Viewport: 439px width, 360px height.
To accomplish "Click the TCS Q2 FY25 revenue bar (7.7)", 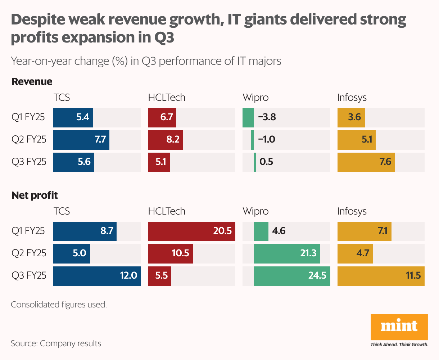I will pyautogui.click(x=81, y=140).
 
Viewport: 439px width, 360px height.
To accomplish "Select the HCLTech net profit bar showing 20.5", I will pyautogui.click(x=192, y=231).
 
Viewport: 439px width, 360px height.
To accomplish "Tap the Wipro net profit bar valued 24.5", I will pyautogui.click(x=292, y=276).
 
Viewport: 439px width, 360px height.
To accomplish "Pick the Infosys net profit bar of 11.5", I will pyautogui.click(x=381, y=276).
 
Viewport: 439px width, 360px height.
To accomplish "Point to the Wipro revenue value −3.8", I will pyautogui.click(x=267, y=117).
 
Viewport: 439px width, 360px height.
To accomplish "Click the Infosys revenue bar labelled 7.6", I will pyautogui.click(x=366, y=162).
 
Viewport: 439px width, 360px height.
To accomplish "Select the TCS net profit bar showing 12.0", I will pyautogui.click(x=97, y=276).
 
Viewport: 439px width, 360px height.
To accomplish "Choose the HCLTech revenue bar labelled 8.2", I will pyautogui.click(x=166, y=140).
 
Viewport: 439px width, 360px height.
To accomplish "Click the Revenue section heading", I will pyautogui.click(x=32, y=82).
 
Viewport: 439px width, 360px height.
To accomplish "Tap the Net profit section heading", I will pyautogui.click(x=35, y=195).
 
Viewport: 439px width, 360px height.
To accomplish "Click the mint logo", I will pyautogui.click(x=399, y=327).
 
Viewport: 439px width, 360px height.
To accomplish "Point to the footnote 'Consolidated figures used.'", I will pyautogui.click(x=59, y=305).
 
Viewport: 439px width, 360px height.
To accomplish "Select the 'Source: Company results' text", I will pyautogui.click(x=56, y=343).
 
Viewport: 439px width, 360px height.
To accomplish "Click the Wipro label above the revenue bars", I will pyautogui.click(x=255, y=98).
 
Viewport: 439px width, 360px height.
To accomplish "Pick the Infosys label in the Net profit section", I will pyautogui.click(x=352, y=211).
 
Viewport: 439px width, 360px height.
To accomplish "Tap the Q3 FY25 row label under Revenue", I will pyautogui.click(x=29, y=162).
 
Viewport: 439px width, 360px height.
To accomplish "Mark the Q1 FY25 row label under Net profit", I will pyautogui.click(x=28, y=231).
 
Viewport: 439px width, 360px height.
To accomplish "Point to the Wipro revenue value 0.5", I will pyautogui.click(x=266, y=162).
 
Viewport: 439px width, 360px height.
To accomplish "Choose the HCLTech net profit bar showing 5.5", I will pyautogui.click(x=160, y=276).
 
